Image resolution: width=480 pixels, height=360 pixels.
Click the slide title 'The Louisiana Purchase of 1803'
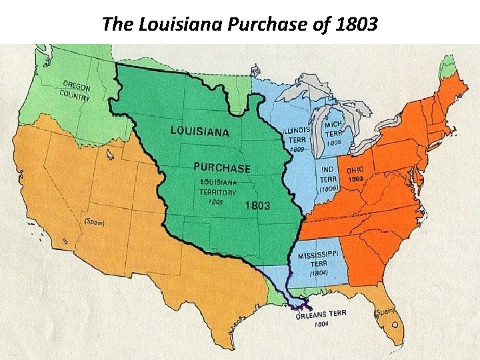[239, 25]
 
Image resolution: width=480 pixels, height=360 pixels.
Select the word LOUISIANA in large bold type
[201, 130]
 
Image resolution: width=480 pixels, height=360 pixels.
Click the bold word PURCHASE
[221, 168]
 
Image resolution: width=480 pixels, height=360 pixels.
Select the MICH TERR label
[333, 129]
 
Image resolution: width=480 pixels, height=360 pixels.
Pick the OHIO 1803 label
[355, 174]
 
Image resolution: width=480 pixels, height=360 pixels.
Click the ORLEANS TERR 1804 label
[321, 318]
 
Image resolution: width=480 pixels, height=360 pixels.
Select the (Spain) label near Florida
[385, 311]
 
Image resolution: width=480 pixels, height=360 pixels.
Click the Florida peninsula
[397, 327]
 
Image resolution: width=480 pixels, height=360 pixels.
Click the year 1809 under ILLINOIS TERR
[297, 150]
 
